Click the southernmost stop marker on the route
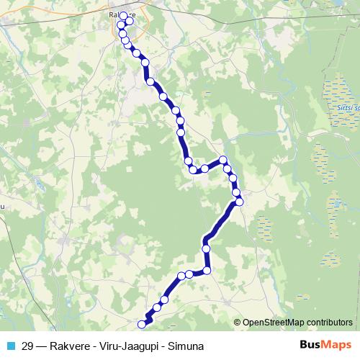coord(141,325)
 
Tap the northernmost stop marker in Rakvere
coord(123,16)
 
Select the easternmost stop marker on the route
coord(240,202)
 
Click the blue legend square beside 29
coord(10,346)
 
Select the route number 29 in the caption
coord(27,346)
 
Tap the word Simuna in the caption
coord(185,346)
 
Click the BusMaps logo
coord(325,345)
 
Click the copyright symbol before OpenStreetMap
coord(238,322)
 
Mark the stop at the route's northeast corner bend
coord(223,160)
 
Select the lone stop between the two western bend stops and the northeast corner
coord(204,168)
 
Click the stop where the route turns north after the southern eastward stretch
coord(207,271)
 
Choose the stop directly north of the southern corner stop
coord(207,248)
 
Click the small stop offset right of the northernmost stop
coord(129,22)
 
